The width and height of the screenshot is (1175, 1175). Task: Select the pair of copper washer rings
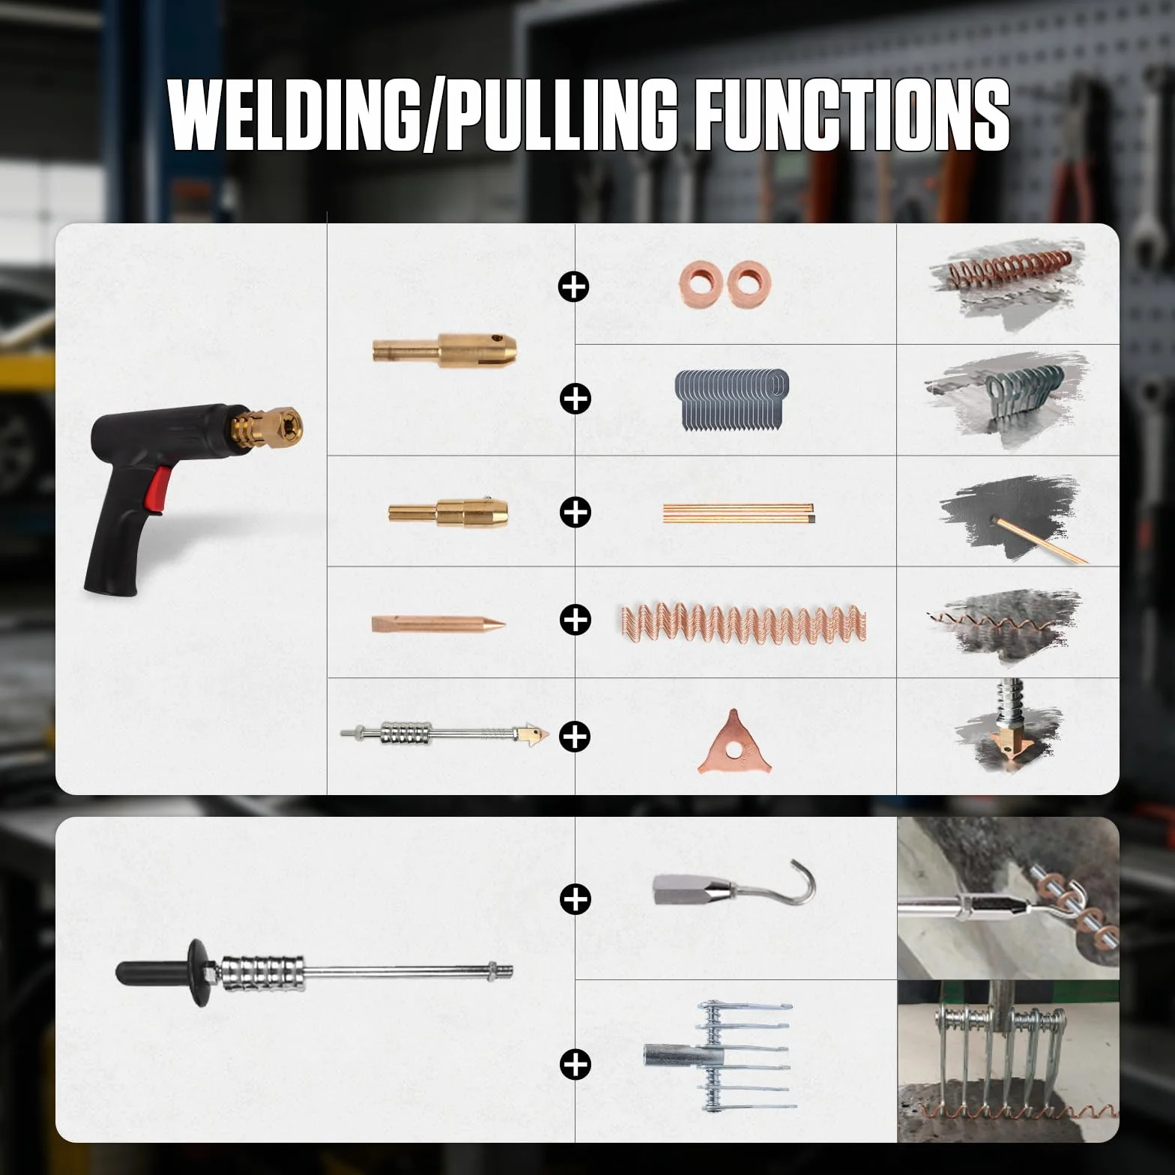coord(725,284)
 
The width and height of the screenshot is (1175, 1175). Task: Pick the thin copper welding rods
coord(738,513)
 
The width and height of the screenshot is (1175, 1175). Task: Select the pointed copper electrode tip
coord(438,623)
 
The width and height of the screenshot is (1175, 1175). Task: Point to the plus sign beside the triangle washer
coord(575,737)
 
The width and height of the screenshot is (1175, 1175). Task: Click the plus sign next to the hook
coord(575,898)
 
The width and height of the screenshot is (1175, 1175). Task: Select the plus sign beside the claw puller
coord(575,1064)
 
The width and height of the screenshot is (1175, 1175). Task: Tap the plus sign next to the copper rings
coord(574,286)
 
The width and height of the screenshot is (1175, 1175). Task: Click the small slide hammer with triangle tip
coord(445,732)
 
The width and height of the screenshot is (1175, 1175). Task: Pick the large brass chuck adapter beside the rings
coord(445,348)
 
